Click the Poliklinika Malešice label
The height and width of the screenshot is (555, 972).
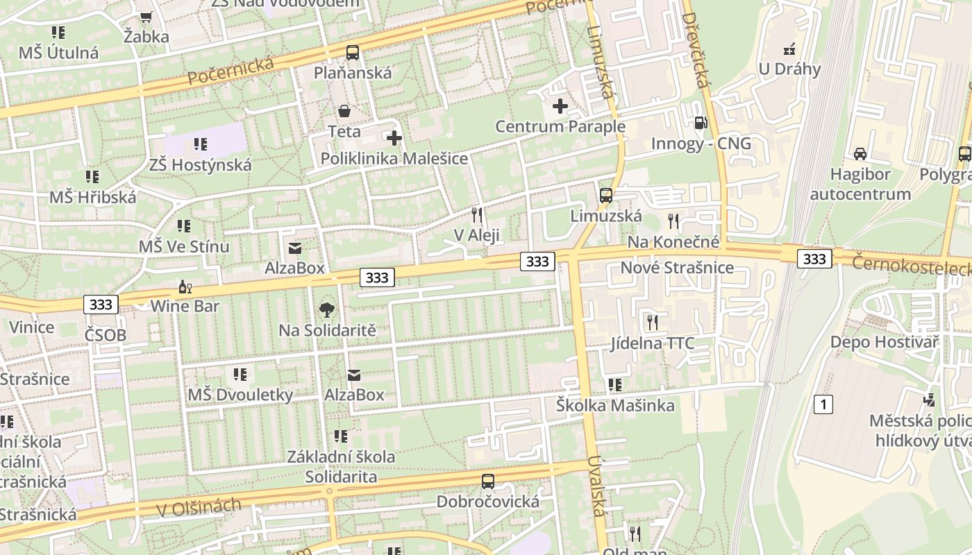(x=394, y=159)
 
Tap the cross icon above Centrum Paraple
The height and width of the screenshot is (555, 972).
(x=560, y=106)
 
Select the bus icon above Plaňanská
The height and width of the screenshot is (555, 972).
(x=353, y=52)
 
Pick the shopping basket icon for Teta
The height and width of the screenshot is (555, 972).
(x=344, y=111)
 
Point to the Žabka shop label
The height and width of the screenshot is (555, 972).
(x=146, y=37)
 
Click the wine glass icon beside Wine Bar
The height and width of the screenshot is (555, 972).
(x=184, y=287)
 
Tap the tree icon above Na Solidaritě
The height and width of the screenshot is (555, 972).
(x=327, y=310)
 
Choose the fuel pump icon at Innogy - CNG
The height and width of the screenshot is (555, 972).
(x=701, y=123)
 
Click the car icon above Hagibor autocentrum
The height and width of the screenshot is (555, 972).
(x=860, y=154)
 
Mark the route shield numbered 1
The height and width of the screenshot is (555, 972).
(x=823, y=404)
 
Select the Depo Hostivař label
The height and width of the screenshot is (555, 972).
(x=885, y=342)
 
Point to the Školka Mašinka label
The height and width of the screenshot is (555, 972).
(x=615, y=406)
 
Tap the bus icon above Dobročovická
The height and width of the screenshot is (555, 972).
(x=488, y=481)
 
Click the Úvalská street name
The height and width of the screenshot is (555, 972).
(x=596, y=495)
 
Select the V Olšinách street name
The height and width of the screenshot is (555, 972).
(x=199, y=508)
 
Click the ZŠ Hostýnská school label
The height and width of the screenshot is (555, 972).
(x=200, y=165)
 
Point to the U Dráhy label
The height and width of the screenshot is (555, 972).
(x=789, y=69)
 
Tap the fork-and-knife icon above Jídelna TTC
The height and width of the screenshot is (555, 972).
(x=652, y=323)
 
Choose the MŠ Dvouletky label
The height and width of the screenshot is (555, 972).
(x=240, y=395)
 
